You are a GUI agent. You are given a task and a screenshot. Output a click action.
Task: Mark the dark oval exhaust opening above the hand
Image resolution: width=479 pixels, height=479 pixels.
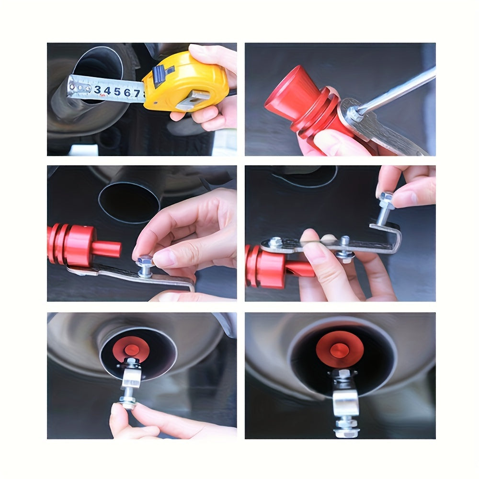[129, 201]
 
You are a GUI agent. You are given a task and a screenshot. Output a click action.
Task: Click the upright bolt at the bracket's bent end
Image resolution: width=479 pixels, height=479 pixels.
[386, 206]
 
